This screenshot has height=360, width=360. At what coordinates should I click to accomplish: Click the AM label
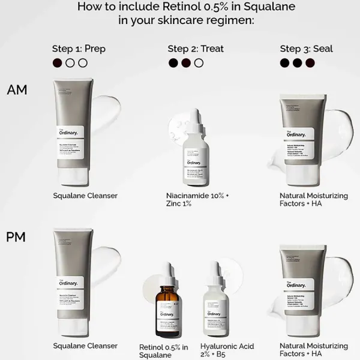click(x=17, y=90)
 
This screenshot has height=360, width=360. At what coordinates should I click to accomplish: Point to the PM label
click(x=16, y=237)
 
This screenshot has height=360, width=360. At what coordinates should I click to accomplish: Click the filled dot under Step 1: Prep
click(x=58, y=63)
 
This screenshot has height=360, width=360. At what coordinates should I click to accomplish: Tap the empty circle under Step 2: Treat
click(x=199, y=63)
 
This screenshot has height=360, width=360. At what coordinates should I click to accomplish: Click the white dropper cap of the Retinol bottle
click(x=167, y=273)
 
